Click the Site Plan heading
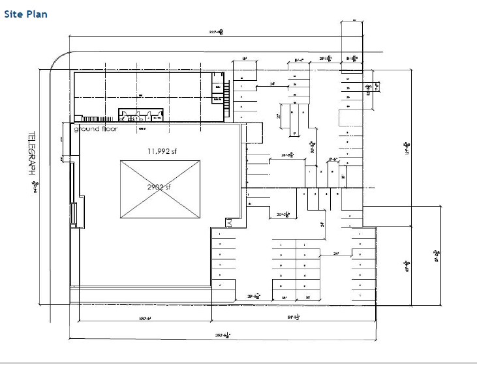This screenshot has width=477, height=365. click(x=25, y=14)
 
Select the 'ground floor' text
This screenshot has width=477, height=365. click(x=95, y=129)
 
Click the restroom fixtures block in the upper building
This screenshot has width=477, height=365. click(x=140, y=116)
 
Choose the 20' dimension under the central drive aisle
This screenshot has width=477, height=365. click(x=283, y=214)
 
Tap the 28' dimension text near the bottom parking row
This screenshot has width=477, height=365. click(x=255, y=296)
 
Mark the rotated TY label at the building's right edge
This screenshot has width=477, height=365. click(x=230, y=222)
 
